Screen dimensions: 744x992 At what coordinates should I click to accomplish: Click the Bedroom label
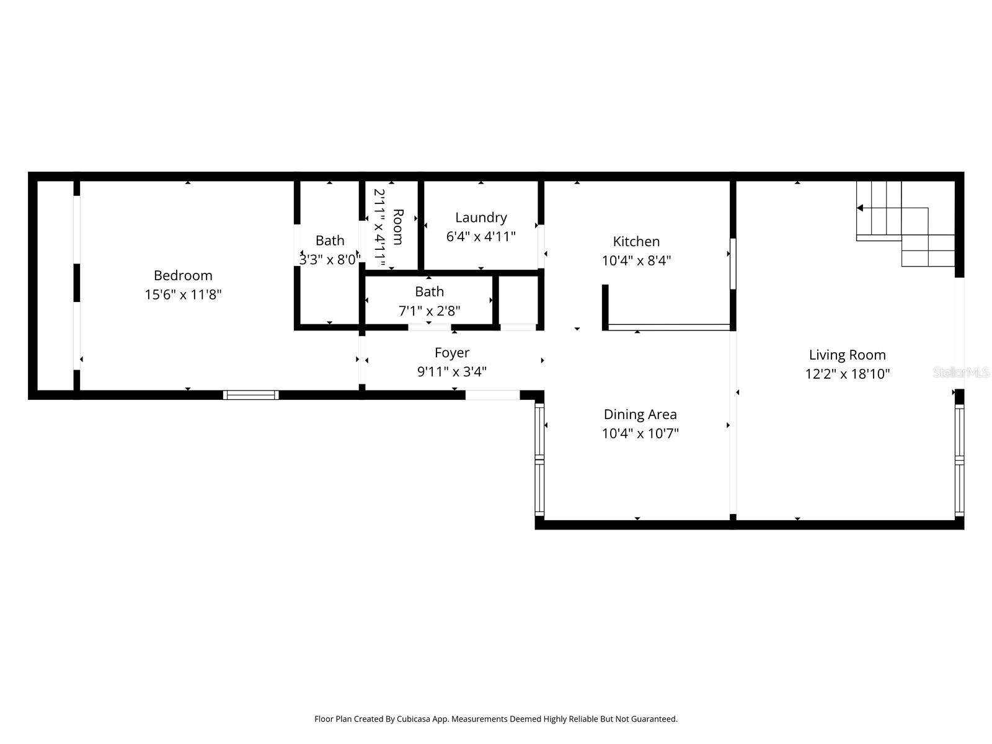pos(183,275)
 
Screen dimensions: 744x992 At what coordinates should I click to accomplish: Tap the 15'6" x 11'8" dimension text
pos(183,294)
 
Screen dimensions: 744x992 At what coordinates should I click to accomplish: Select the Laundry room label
pos(481,218)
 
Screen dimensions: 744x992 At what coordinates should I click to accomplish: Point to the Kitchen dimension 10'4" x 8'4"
pos(636,260)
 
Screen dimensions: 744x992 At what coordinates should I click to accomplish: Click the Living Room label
pos(847,355)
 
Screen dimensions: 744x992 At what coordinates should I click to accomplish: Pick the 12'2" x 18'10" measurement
pos(847,374)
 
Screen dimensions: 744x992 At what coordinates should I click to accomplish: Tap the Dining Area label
pos(640,414)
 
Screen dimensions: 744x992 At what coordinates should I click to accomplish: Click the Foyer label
pos(452,353)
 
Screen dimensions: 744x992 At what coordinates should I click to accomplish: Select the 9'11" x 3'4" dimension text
pos(452,372)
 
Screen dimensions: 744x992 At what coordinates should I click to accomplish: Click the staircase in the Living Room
pos(905,223)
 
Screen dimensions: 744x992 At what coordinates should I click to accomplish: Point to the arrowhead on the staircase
pos(861,208)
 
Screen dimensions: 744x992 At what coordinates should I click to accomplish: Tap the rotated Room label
pos(398,227)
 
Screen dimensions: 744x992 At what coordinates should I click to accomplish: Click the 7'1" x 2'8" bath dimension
pos(429,311)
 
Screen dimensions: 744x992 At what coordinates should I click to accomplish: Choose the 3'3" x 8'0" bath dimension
pos(329,260)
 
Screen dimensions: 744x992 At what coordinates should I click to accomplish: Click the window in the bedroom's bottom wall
pos(250,395)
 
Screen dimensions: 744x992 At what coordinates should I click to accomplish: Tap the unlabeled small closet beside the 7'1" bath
pos(518,300)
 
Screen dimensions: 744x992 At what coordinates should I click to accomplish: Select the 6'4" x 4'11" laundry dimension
pos(481,237)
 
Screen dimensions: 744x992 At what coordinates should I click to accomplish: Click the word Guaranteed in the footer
pos(655,719)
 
